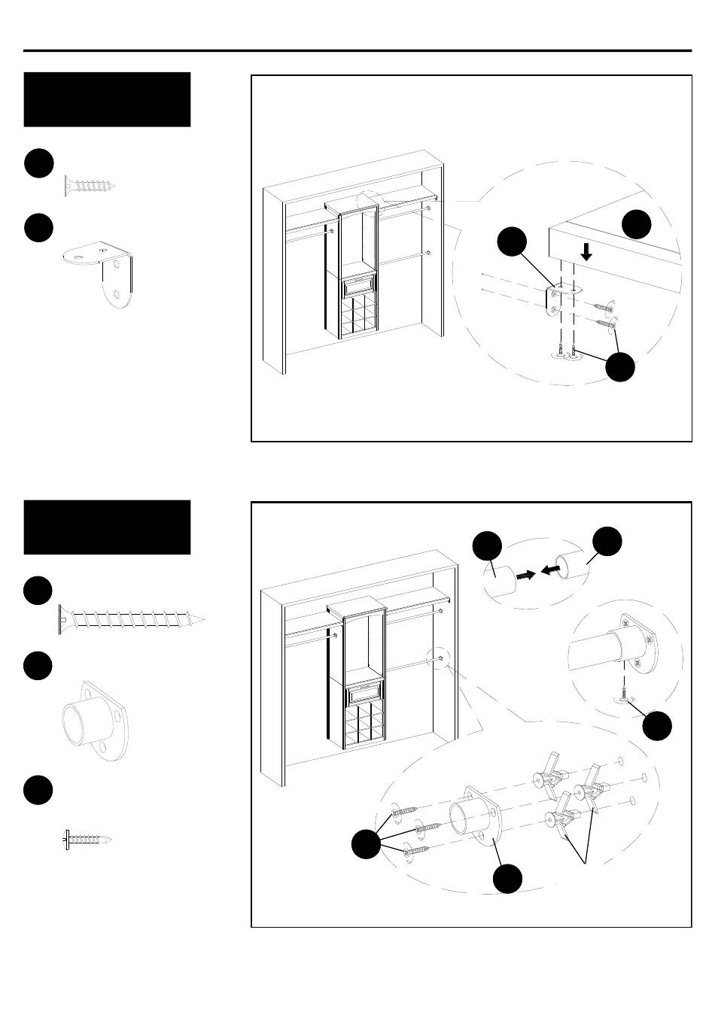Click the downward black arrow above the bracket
point(586,252)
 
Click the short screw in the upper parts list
point(90,186)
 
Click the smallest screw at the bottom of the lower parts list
point(87,839)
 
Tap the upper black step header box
point(107,99)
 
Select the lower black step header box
point(107,527)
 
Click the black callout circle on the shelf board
point(637,224)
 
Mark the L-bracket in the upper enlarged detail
point(557,299)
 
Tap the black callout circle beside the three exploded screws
point(367,844)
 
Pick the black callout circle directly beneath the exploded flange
point(508,879)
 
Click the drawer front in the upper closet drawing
point(357,287)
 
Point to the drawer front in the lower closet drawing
point(364,692)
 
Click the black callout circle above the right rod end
point(607,542)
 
